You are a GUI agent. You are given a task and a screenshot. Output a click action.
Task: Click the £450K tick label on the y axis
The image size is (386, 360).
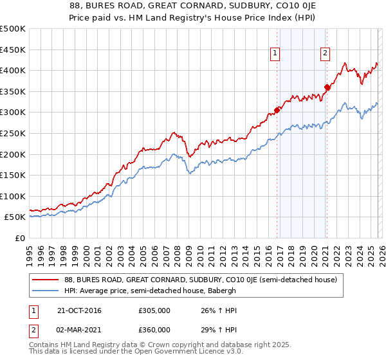(13, 50)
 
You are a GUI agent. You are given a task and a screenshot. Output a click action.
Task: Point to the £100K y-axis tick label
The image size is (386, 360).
(13, 196)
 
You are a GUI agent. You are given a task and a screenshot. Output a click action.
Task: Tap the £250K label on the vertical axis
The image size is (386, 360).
(13, 133)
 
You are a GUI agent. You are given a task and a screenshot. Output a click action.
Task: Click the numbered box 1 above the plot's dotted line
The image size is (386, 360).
(275, 54)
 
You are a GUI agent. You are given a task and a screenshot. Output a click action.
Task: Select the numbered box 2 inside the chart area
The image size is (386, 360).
(326, 54)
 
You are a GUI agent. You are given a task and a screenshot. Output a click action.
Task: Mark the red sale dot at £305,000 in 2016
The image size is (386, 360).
(277, 110)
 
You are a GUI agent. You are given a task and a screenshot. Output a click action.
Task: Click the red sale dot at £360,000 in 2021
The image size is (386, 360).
(327, 87)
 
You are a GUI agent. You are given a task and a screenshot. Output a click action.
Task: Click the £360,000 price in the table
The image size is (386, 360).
(154, 330)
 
